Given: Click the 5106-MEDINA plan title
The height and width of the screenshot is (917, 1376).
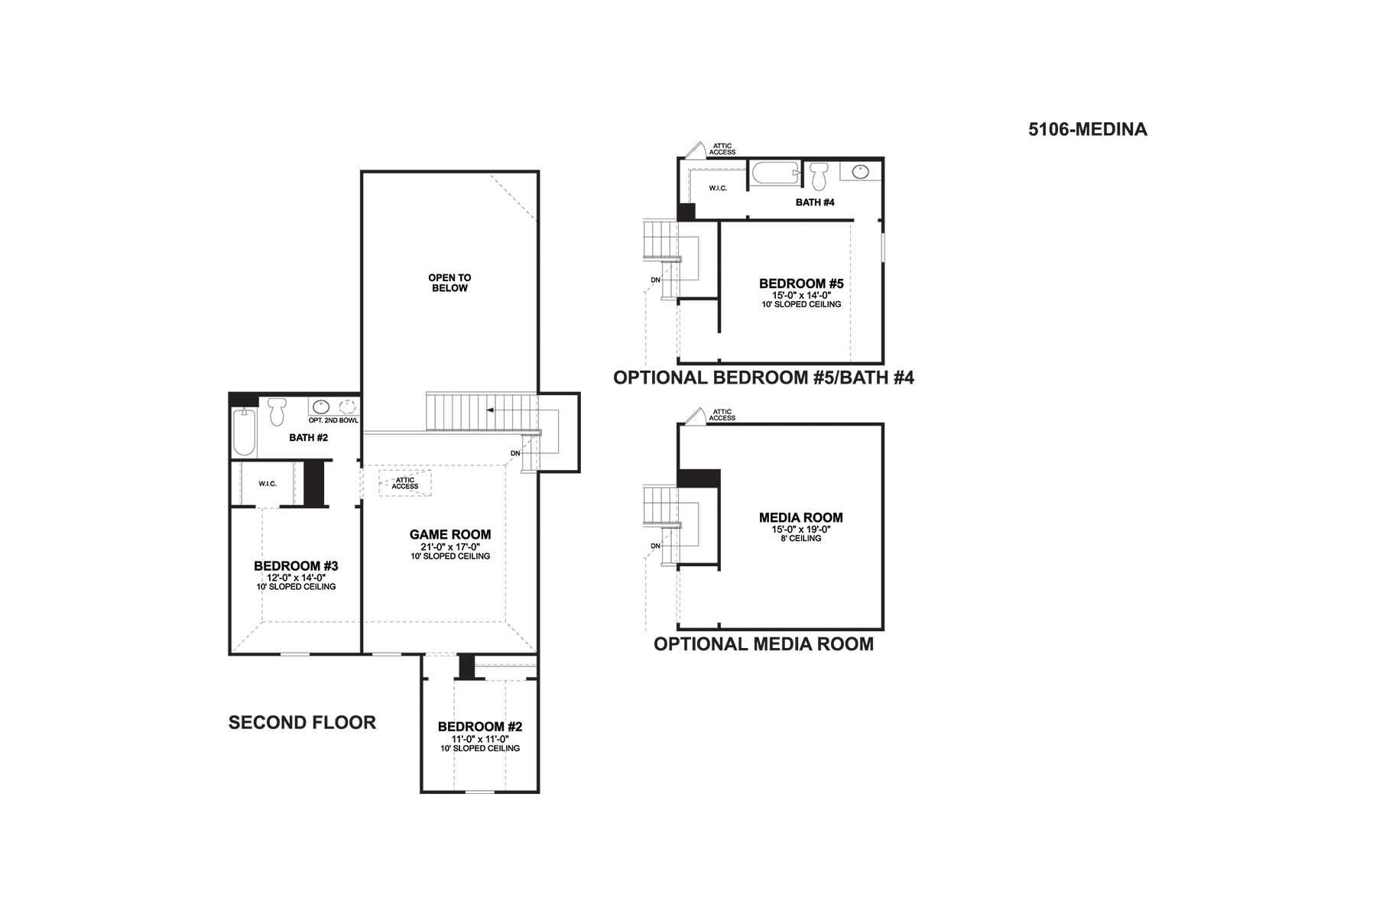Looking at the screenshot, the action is pos(1087,129).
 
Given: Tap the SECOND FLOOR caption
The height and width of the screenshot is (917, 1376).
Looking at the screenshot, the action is pos(302,722).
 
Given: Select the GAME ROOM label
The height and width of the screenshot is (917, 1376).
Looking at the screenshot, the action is pos(450,535).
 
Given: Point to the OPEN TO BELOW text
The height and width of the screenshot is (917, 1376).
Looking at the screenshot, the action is pos(449,283).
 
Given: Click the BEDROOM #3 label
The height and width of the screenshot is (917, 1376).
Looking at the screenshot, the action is pos(296,566).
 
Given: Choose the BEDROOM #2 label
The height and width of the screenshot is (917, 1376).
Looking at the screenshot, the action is pos(480,727).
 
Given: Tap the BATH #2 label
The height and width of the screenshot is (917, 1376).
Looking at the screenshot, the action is pos(308,438).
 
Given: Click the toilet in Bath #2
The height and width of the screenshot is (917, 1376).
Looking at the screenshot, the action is pos(277,411).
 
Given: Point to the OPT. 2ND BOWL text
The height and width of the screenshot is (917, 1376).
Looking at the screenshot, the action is pos(333,420).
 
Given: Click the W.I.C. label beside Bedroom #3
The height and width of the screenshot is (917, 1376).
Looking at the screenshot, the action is pos(268,484).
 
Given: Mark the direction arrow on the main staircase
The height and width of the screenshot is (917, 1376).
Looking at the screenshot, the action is pos(501,411).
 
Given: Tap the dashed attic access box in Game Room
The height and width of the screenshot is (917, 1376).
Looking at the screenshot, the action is pos(405,483).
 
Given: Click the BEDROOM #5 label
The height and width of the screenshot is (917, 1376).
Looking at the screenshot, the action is pos(801,284).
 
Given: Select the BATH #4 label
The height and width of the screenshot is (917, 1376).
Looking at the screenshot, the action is pos(815,203).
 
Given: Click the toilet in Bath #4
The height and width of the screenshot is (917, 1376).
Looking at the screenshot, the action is pos(819,176).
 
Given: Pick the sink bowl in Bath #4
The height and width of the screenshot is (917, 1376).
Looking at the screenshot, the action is pos(861,171).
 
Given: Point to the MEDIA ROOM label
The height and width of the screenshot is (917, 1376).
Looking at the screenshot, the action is pos(801,517).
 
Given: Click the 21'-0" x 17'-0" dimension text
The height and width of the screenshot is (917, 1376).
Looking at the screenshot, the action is pos(450,547).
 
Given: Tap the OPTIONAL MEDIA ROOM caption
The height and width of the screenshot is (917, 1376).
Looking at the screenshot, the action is pos(764,643).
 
